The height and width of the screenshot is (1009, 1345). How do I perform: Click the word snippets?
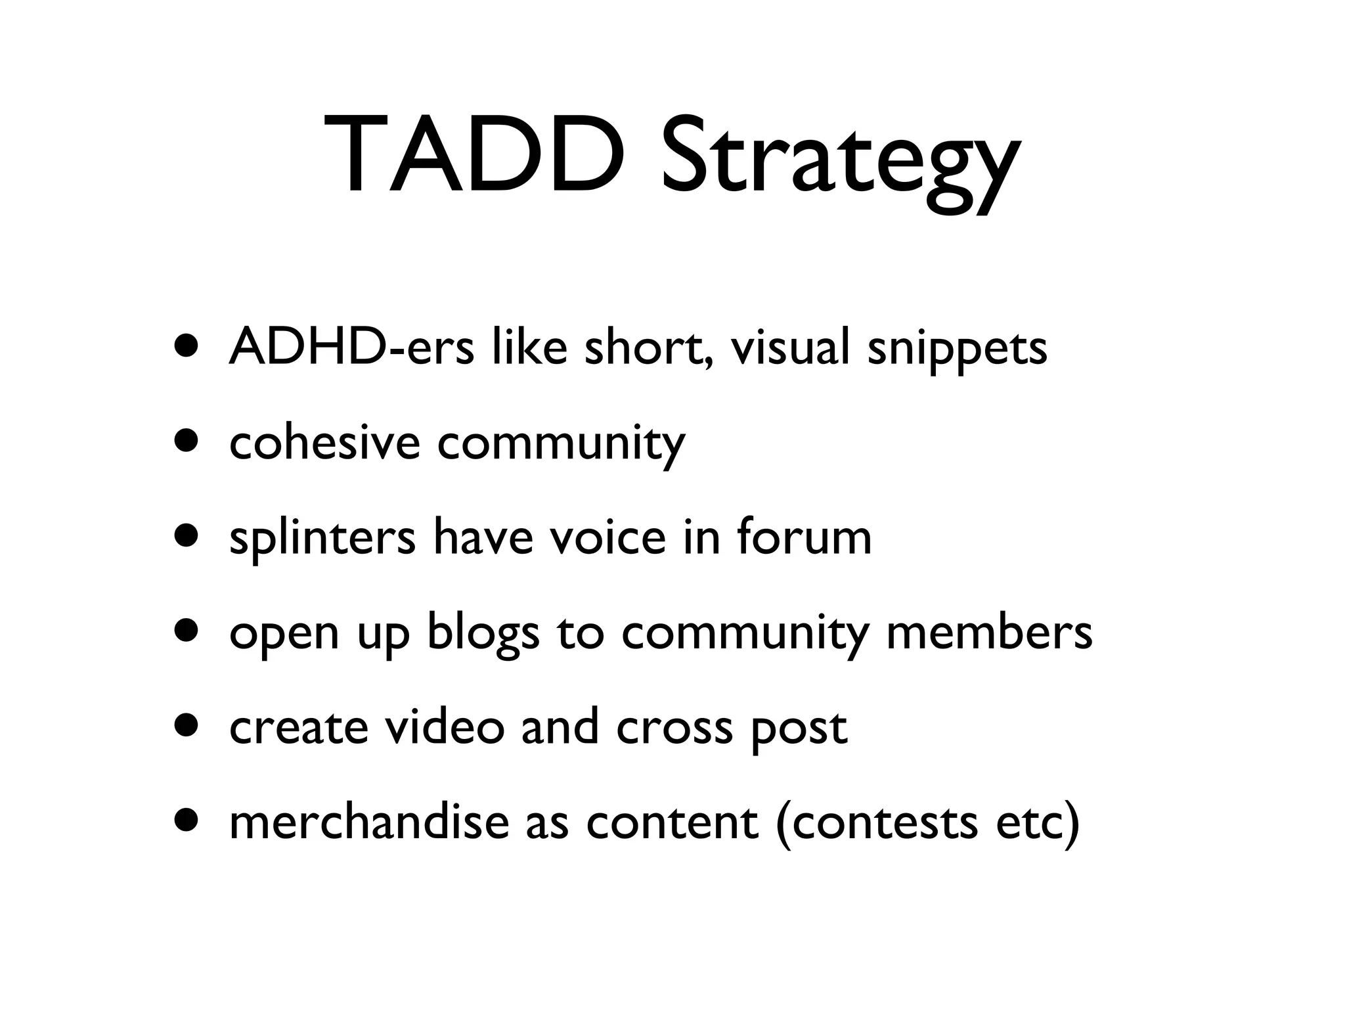click(957, 349)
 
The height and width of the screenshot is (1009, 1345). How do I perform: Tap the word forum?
click(804, 537)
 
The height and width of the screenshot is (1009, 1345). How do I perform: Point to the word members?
click(989, 632)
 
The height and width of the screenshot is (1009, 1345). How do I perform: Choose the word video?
click(445, 727)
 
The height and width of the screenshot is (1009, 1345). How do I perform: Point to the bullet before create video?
click(186, 727)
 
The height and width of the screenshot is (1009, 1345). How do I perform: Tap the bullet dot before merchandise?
click(186, 822)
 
